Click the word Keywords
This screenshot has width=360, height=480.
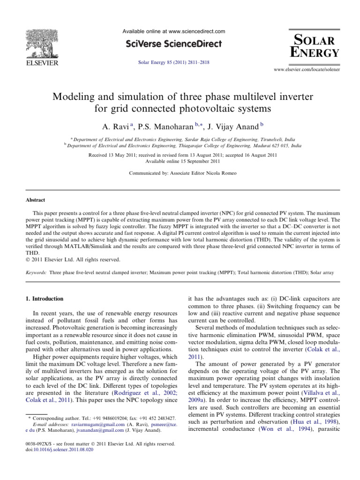[35, 272]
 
